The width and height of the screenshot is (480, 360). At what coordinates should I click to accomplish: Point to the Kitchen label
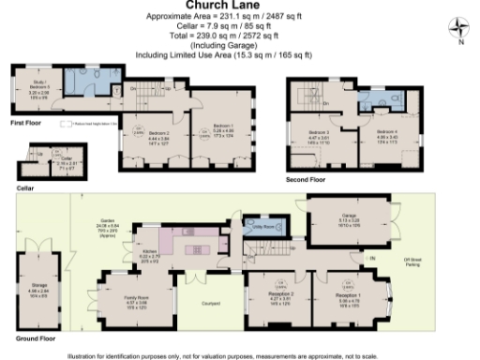tap(152, 251)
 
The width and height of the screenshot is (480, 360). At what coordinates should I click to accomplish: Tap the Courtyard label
tap(210, 303)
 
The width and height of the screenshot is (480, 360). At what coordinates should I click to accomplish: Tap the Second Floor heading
tap(306, 178)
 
